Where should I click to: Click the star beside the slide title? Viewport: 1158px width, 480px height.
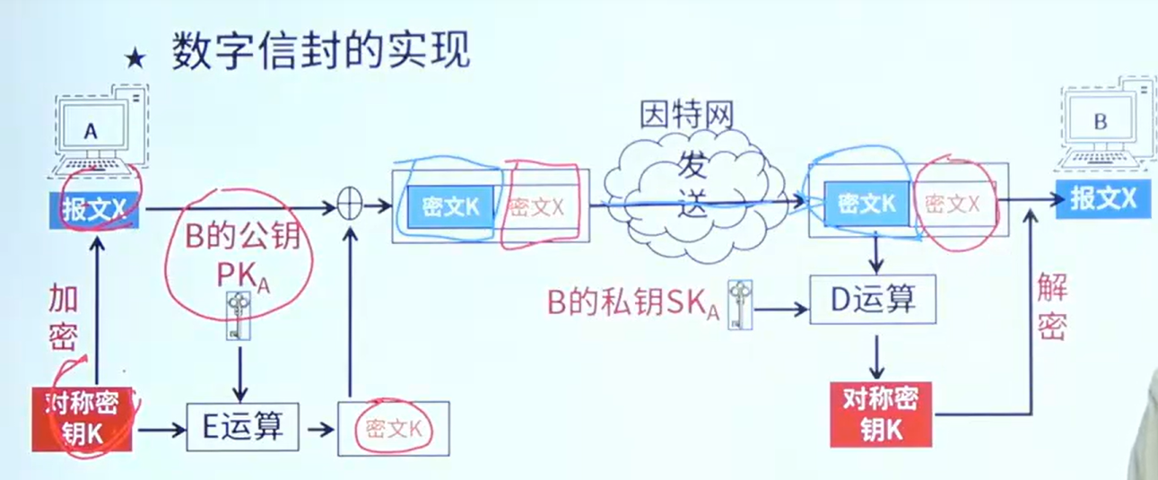pos(135,59)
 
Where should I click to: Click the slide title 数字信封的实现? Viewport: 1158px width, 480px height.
pos(321,50)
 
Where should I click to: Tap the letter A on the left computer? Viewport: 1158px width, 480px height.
pos(91,131)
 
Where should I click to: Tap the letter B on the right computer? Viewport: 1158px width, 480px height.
pos(1100,121)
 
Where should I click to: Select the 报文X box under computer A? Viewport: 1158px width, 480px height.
pos(94,209)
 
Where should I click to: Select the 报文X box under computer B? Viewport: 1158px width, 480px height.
pos(1102,198)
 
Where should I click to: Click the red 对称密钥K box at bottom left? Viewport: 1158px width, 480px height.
pos(82,419)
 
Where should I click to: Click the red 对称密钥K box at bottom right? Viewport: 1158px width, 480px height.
pos(881,415)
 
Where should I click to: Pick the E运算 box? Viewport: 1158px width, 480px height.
pos(242,427)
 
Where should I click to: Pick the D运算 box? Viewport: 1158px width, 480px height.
pos(873,300)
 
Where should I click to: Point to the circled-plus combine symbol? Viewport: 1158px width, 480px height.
pos(350,205)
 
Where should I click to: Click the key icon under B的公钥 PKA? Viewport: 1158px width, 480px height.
pos(239,316)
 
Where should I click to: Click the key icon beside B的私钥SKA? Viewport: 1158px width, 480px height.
pos(740,305)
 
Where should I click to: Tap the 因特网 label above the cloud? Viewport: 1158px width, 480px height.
pos(687,115)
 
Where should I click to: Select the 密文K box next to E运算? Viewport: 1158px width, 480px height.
pos(394,429)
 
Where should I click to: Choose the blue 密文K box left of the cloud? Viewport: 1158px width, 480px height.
pos(450,207)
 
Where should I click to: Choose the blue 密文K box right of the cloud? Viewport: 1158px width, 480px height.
pos(866,204)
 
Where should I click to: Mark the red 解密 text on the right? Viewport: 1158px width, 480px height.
pos(1052,306)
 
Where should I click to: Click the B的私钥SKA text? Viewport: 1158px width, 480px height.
pos(632,303)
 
